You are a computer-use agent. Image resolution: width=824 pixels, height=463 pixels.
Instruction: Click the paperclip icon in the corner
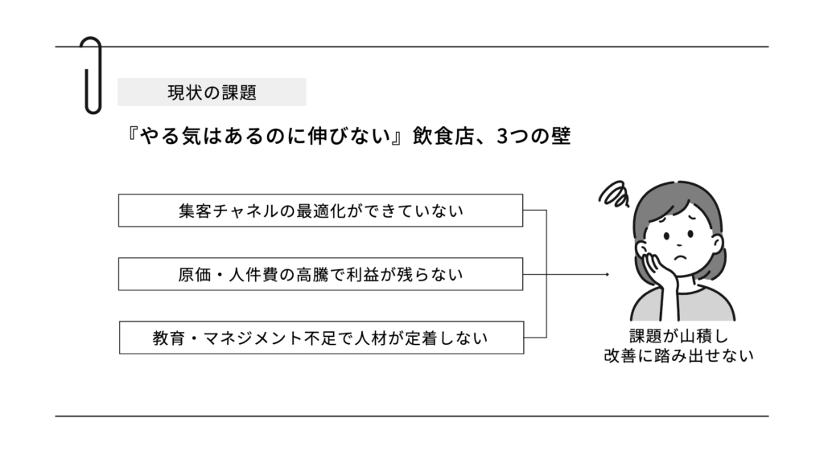[92, 74]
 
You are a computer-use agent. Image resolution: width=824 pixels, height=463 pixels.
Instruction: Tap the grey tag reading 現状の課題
[212, 92]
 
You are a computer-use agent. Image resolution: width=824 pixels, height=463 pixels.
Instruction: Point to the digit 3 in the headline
[502, 137]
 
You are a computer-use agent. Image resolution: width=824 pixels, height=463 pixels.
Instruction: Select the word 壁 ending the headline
[561, 137]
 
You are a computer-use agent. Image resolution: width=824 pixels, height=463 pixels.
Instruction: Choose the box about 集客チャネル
[321, 211]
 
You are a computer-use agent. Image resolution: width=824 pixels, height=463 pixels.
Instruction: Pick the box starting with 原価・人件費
[321, 274]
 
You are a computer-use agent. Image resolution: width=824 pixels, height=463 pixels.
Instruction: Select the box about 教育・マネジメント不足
[321, 338]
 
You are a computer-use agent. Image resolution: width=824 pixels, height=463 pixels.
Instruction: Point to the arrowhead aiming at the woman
[606, 274]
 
